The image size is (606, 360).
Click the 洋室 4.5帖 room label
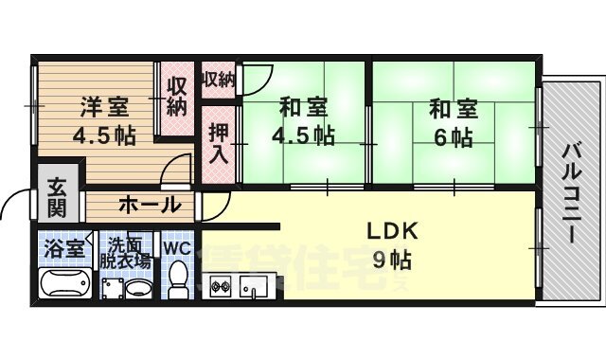point(103,120)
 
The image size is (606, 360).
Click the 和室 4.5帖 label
point(304,120)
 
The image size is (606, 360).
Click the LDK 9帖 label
point(388,244)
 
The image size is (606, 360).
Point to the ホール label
point(150,204)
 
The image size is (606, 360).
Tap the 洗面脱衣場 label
point(128,251)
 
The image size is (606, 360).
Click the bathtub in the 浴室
point(64,285)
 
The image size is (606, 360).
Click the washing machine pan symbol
point(112,287)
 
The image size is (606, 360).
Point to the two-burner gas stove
point(221,284)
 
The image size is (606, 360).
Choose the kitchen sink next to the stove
point(254,284)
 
